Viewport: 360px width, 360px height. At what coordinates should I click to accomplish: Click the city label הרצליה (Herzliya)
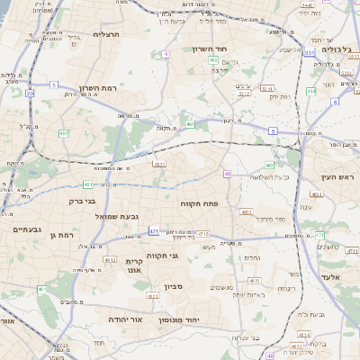(106, 34)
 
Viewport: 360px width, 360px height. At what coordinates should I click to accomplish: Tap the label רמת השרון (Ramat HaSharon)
(98, 88)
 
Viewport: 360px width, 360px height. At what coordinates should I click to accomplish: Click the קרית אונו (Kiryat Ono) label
(134, 265)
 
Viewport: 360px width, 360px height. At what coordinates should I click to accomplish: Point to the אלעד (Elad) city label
(332, 277)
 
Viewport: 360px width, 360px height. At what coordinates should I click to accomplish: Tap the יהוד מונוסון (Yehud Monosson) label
(184, 320)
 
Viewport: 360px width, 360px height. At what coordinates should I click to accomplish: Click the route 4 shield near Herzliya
(166, 54)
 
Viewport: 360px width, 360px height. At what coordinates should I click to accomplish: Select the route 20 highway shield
(30, 93)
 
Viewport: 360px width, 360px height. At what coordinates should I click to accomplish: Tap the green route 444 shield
(310, 91)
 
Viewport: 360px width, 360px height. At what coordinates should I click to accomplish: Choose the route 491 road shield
(191, 122)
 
